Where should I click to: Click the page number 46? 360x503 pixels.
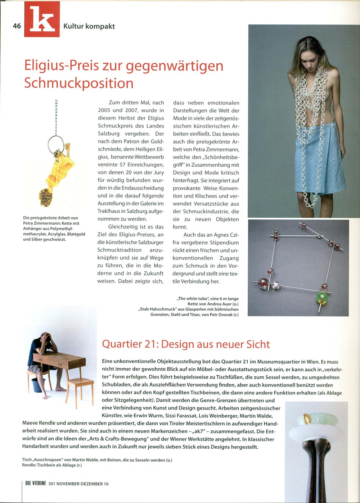(x=17, y=26)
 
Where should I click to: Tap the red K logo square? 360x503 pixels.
(x=42, y=19)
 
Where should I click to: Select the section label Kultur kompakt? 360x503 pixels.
(x=89, y=26)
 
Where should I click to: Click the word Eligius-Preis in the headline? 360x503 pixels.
(x=68, y=65)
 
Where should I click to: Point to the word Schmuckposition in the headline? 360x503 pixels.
(x=79, y=83)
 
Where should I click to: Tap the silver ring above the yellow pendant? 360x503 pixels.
(x=55, y=143)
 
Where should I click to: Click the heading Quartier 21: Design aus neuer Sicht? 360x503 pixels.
(x=186, y=344)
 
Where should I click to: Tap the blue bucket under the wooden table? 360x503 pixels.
(x=39, y=384)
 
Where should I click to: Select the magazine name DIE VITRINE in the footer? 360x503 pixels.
(x=36, y=484)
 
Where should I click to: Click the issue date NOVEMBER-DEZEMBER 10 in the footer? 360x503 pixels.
(x=82, y=484)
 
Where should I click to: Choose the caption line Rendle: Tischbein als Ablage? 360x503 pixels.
(x=52, y=465)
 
